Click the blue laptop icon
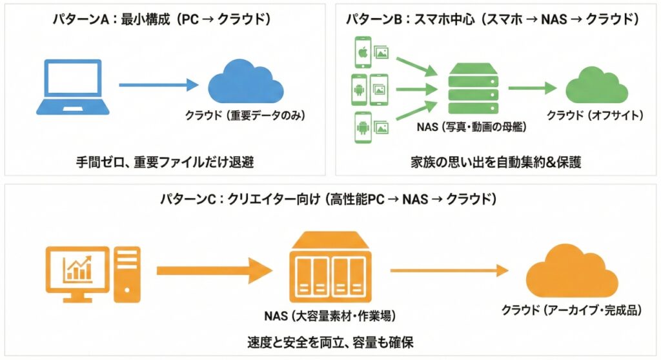click(70, 85)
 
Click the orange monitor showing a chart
click(76, 272)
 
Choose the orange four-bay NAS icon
click(329, 267)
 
